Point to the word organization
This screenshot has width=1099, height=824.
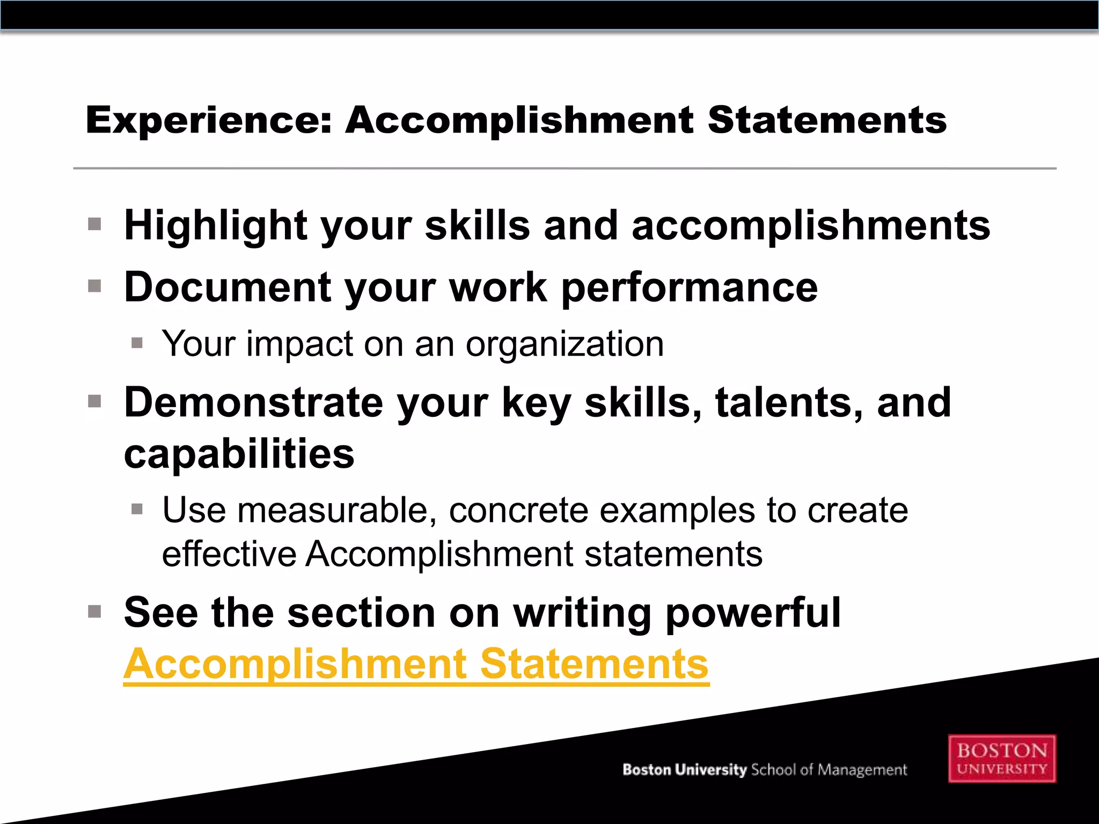pos(565,344)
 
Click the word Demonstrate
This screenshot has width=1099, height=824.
pos(253,402)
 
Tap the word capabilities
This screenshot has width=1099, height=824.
pos(239,454)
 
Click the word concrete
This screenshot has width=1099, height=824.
pos(518,510)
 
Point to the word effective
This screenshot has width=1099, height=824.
pos(229,554)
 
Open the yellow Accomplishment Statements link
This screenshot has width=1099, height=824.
pos(416,664)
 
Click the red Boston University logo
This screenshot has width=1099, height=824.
pos(1002,759)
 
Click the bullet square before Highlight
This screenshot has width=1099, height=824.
pos(95,224)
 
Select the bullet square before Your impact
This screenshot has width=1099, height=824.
pos(137,343)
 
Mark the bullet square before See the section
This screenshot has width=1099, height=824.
pos(95,612)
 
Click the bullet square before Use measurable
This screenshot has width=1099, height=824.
pos(137,509)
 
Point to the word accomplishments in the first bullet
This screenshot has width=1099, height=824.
pos(811,225)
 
